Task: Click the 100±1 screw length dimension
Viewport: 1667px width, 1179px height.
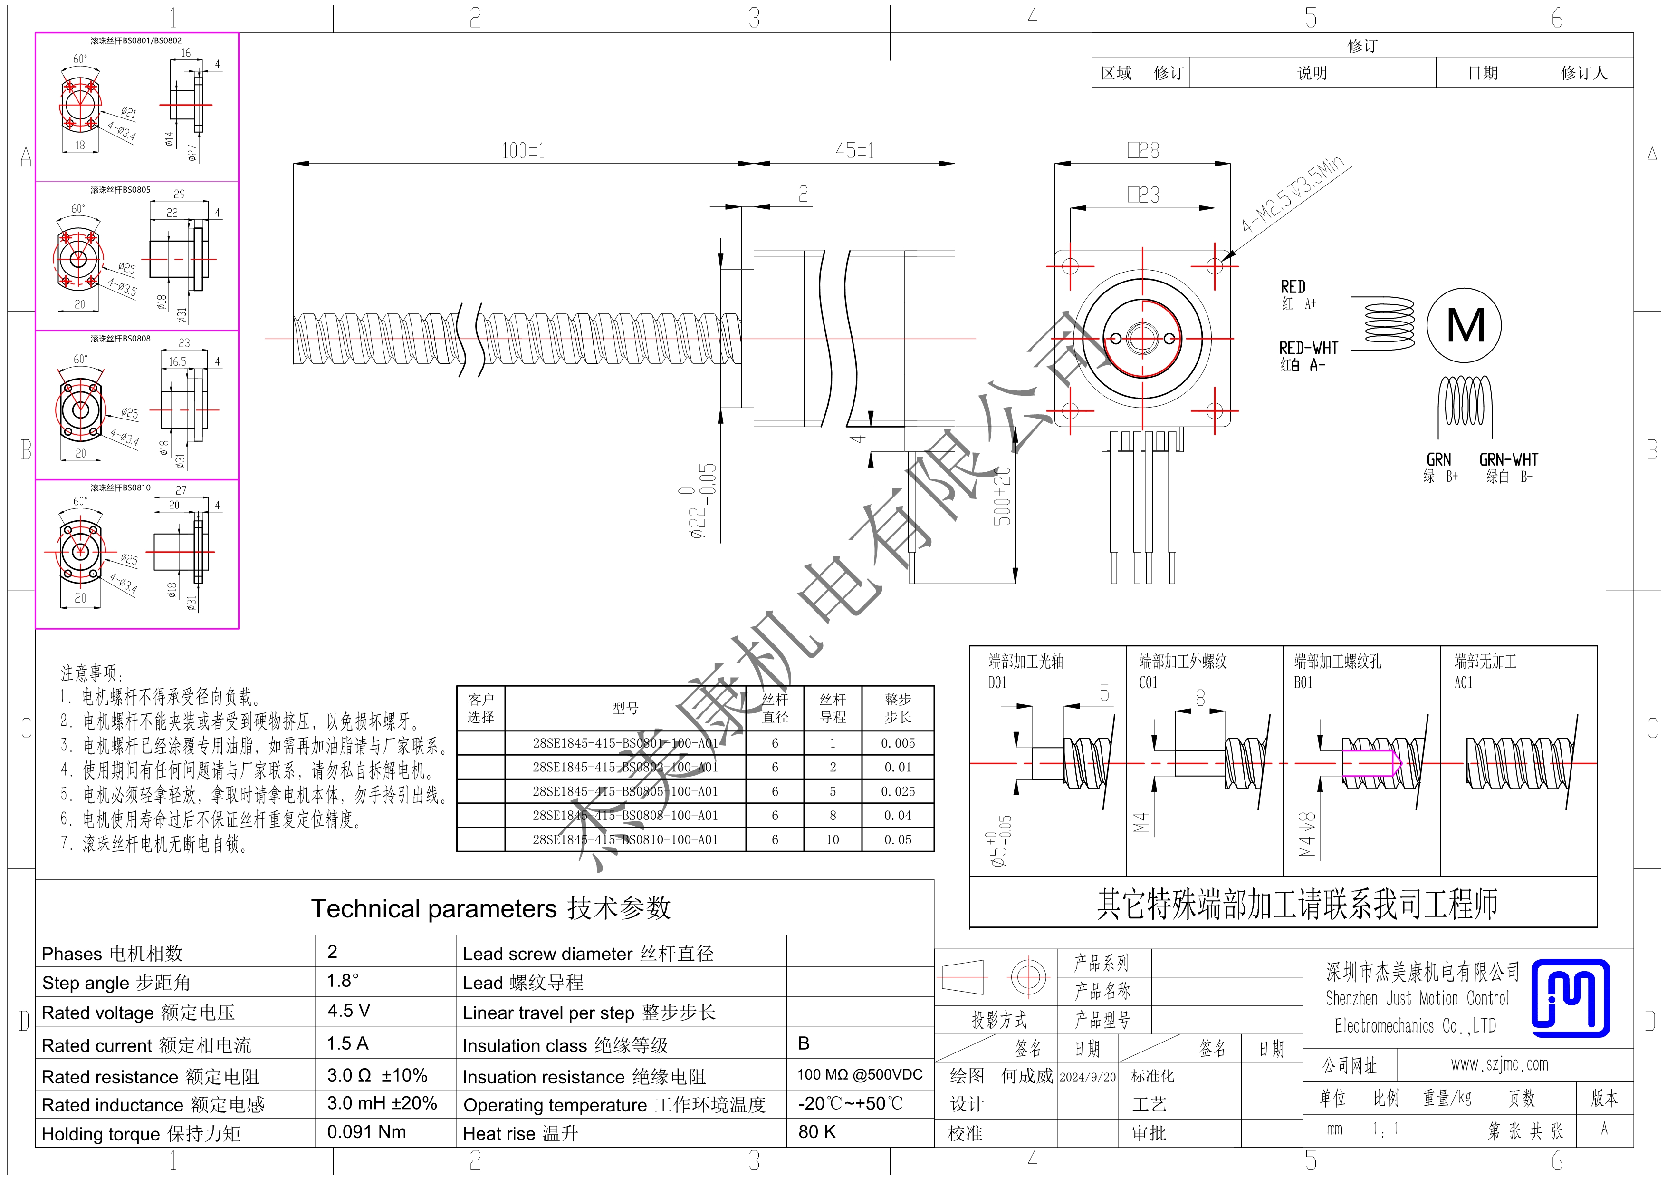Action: click(x=523, y=151)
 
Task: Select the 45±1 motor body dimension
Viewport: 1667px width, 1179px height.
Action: click(x=854, y=151)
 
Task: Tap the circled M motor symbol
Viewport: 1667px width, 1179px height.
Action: click(x=1464, y=325)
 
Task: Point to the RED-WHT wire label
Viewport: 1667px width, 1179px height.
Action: click(x=1308, y=348)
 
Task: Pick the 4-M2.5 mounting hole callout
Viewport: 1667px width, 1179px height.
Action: click(x=1295, y=195)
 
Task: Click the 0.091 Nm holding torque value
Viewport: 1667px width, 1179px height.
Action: click(x=367, y=1132)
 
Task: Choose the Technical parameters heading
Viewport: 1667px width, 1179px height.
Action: click(x=491, y=909)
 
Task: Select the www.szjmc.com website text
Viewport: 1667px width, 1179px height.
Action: click(x=1499, y=1065)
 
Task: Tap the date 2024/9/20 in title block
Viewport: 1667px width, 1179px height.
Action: click(x=1088, y=1077)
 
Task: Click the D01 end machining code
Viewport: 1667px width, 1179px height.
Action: click(x=997, y=683)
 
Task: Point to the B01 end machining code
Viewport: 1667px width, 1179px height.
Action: click(x=1303, y=683)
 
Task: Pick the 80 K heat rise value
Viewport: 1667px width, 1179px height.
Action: click(x=817, y=1132)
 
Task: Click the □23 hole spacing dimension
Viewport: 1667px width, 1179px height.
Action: click(x=1143, y=195)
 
